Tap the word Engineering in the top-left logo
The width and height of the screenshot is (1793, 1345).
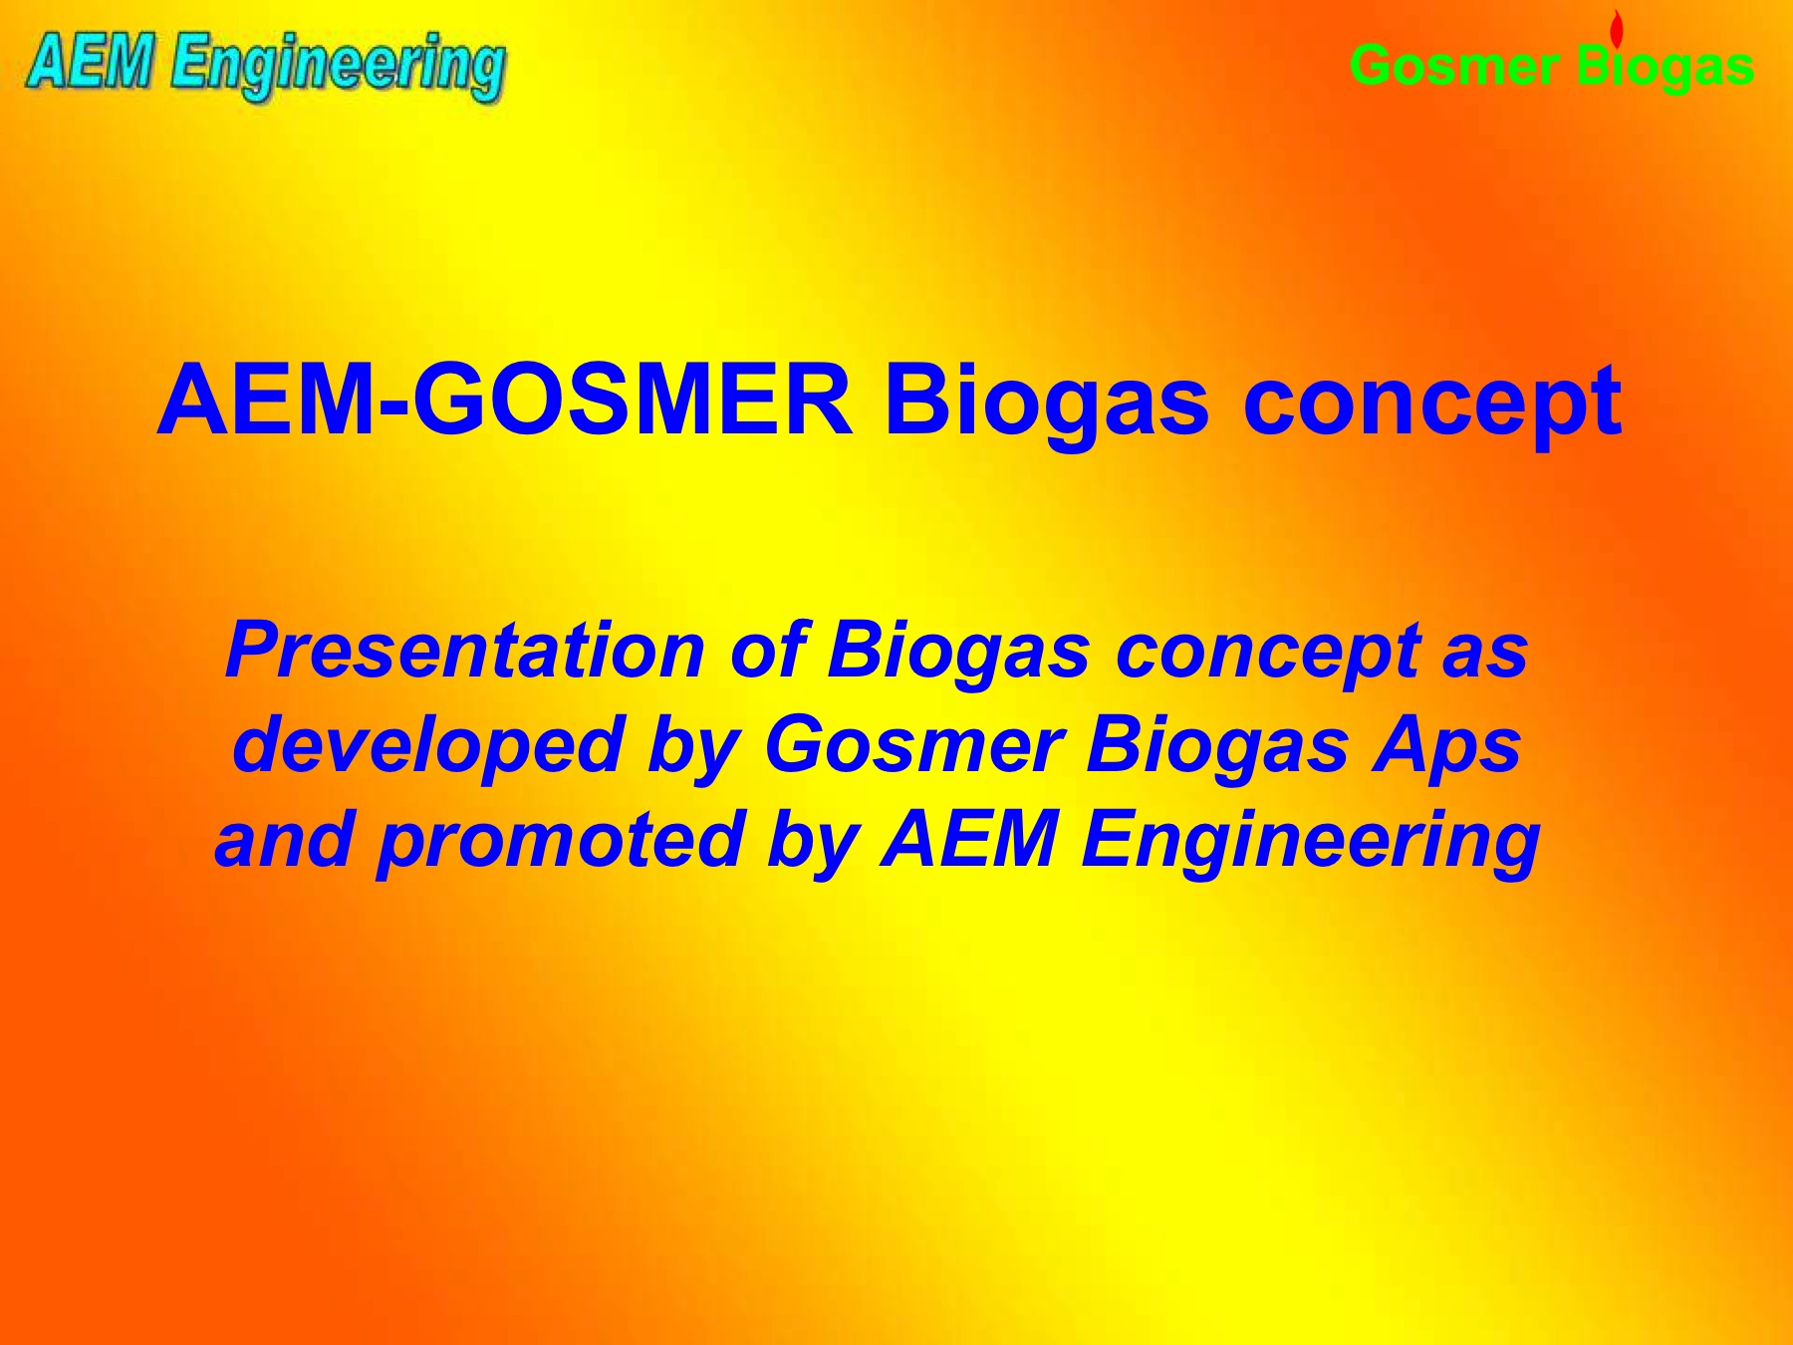[338, 67]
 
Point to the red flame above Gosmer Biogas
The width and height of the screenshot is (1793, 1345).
[1617, 28]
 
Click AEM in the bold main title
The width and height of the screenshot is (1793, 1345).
[266, 401]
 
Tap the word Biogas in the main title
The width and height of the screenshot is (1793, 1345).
[1046, 404]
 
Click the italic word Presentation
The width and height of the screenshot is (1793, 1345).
[465, 650]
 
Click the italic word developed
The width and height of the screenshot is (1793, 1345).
[428, 748]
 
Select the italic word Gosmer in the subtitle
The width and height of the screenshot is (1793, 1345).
[913, 746]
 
